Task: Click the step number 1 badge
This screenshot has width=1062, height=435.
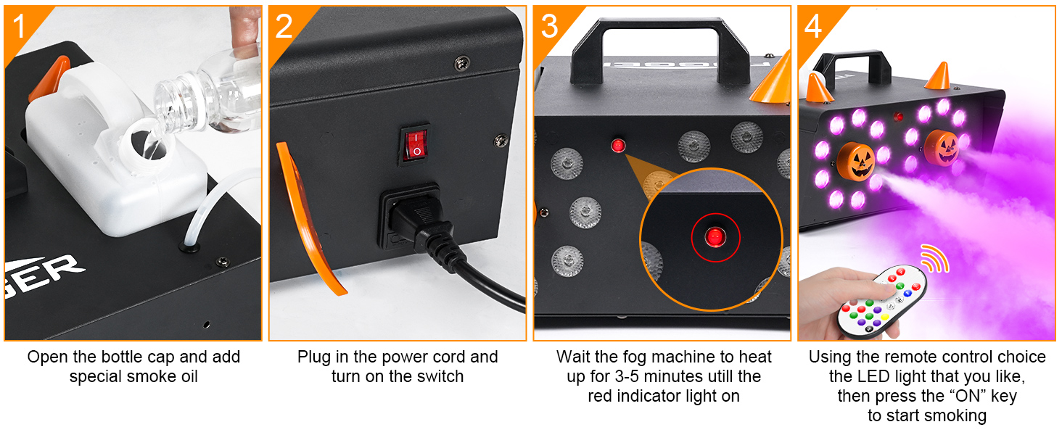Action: [19, 26]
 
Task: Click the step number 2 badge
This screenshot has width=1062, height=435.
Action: [284, 26]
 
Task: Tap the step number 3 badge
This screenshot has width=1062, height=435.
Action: [549, 26]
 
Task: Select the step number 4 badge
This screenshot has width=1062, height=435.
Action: [812, 26]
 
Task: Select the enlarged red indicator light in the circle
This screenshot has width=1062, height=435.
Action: [715, 236]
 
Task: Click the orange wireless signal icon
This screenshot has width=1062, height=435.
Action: [934, 258]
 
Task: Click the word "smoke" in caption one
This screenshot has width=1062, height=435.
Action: [150, 376]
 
